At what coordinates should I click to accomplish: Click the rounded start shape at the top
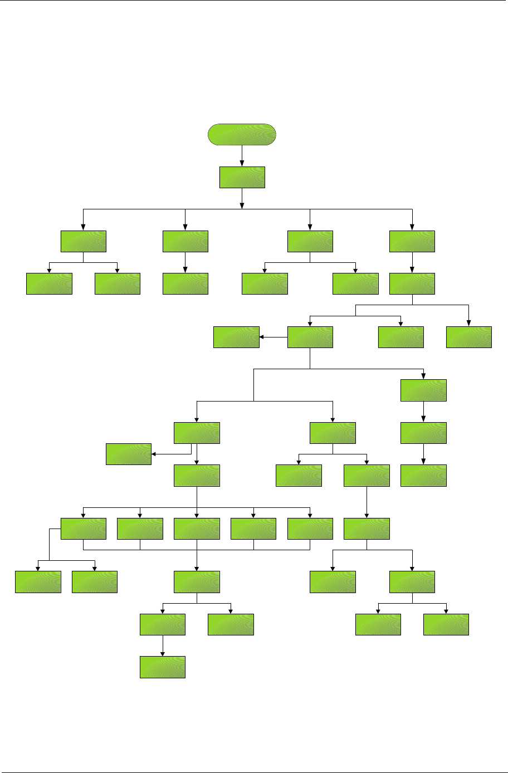point(242,135)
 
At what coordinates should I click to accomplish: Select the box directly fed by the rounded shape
point(242,177)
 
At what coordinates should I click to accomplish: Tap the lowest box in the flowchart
point(162,667)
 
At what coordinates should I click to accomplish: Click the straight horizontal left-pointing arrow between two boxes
point(273,337)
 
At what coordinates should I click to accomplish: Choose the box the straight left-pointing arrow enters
point(236,337)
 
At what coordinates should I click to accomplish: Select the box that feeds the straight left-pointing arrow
point(310,337)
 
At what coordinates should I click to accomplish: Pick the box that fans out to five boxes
point(197,475)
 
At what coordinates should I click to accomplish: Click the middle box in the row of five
point(197,529)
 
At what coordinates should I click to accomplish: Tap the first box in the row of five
point(83,529)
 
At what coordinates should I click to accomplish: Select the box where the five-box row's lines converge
point(197,581)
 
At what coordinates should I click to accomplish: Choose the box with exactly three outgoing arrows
point(412,283)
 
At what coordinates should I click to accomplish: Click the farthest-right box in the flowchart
point(468,337)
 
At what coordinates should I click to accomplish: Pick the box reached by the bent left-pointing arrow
point(128,454)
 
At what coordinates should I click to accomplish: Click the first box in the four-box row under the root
point(83,241)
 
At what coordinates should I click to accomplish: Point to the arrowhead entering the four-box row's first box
point(83,227)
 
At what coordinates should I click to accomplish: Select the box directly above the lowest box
point(162,624)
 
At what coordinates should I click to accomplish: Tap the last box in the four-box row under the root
point(412,241)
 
